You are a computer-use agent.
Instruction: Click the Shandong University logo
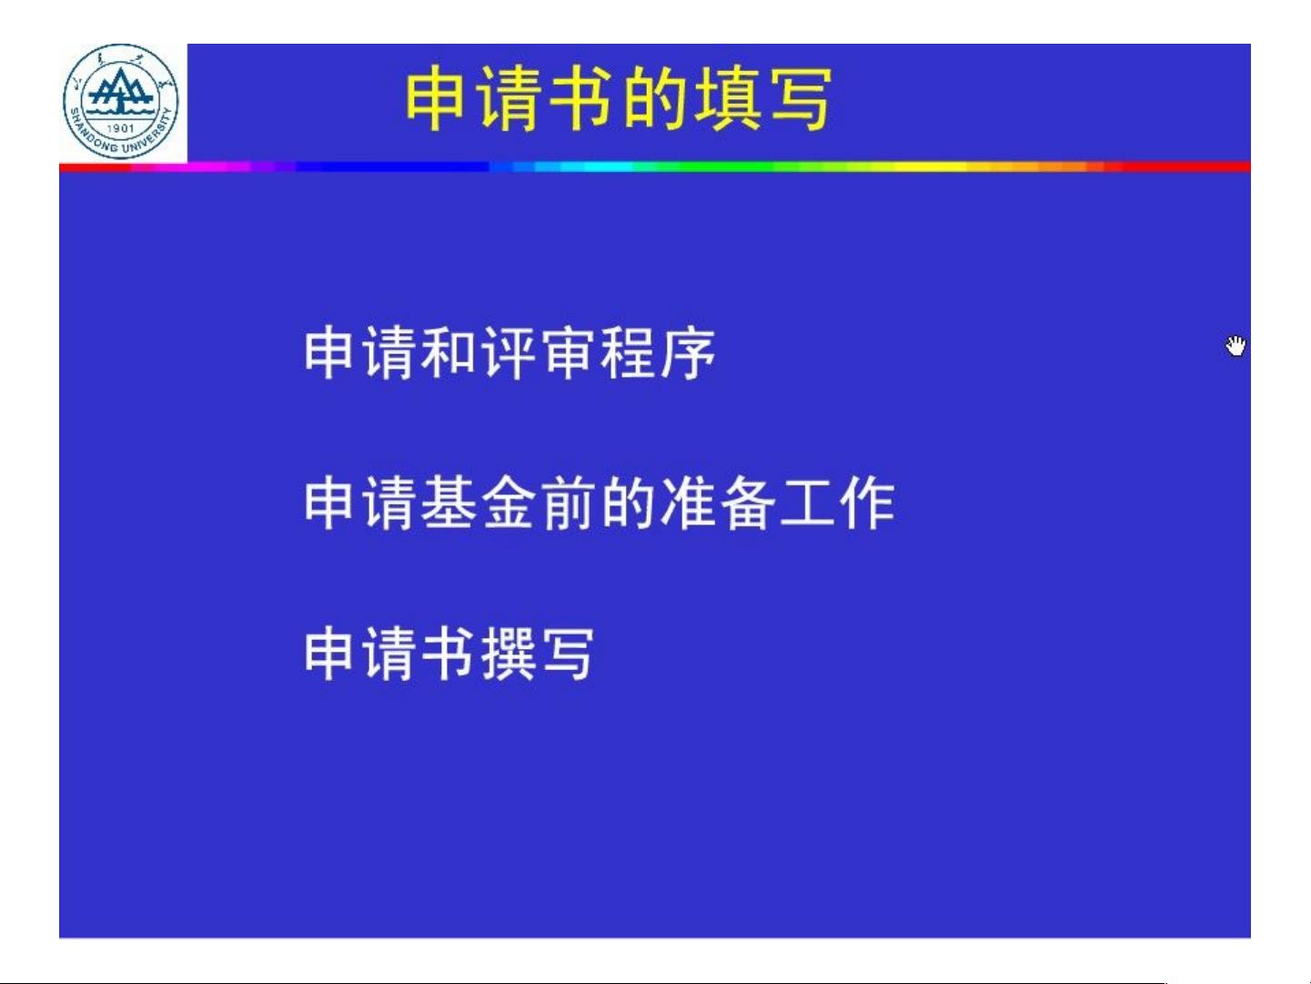[x=121, y=102]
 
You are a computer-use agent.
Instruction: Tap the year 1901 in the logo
[x=121, y=127]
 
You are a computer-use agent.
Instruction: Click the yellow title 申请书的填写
[x=618, y=99]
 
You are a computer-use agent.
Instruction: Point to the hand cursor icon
[x=1235, y=346]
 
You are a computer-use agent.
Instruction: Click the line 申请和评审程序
[x=510, y=352]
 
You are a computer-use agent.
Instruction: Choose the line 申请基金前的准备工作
[x=600, y=502]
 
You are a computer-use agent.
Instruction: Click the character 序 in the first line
[x=688, y=352]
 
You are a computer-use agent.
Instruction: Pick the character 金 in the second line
[x=509, y=502]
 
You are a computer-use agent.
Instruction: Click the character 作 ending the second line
[x=867, y=502]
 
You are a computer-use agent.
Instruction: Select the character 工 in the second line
[x=807, y=502]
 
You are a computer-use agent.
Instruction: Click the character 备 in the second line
[x=748, y=502]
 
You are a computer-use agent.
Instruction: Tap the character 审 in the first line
[x=569, y=352]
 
